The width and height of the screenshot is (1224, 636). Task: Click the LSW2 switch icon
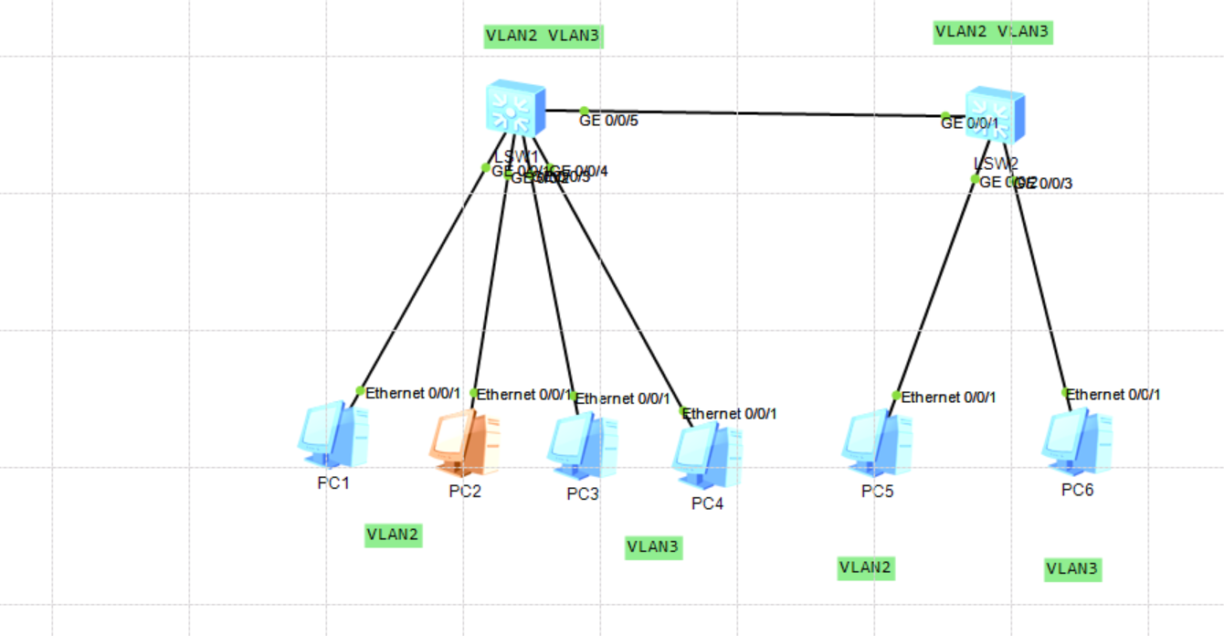tap(995, 114)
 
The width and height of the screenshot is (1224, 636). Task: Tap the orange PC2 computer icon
tap(464, 443)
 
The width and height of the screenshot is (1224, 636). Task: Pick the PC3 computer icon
tap(582, 447)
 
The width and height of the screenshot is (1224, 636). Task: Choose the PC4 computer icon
tap(707, 455)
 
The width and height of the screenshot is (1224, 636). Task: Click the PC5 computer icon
tap(876, 444)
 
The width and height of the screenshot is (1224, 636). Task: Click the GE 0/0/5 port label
tap(608, 120)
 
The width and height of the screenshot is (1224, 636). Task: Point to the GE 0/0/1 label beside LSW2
tap(970, 123)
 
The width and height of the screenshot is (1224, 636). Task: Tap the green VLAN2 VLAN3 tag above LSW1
tap(543, 37)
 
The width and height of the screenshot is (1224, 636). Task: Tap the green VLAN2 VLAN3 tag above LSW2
tap(993, 32)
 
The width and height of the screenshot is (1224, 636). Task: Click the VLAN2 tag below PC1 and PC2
tap(393, 535)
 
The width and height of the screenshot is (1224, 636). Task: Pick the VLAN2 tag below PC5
tap(866, 567)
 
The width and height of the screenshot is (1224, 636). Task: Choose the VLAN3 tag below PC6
tap(1072, 569)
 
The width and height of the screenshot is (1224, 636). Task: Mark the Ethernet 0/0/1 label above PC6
tap(1113, 395)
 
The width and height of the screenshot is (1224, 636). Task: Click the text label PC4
tap(707, 503)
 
